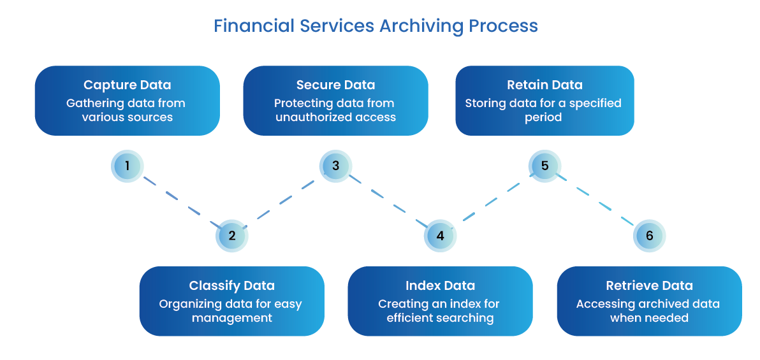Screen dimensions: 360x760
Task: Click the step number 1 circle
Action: (x=128, y=166)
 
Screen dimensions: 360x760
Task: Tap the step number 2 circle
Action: (x=232, y=236)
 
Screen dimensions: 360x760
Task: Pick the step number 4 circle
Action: (x=440, y=236)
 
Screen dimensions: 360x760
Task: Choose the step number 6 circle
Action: (x=649, y=236)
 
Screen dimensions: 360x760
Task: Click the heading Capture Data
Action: (x=128, y=85)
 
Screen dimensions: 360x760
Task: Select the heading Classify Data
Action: (x=232, y=286)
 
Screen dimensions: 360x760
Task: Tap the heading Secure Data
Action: (x=335, y=85)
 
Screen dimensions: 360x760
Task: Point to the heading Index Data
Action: (x=440, y=286)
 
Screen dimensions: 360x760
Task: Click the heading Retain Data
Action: (x=544, y=85)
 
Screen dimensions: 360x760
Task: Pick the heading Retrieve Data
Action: (x=649, y=286)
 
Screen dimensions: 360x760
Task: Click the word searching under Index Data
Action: (x=464, y=318)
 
